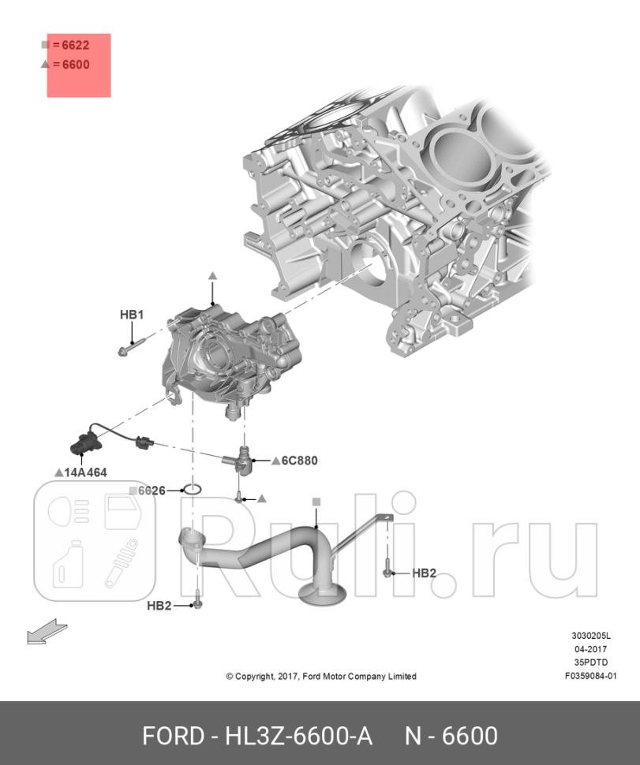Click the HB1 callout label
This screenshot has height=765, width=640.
point(131,315)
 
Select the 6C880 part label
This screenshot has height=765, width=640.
point(298,461)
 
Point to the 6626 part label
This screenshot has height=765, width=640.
point(151,491)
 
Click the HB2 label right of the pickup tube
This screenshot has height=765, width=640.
point(424,573)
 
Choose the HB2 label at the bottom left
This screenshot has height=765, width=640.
point(159,606)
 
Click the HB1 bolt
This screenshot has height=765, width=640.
point(133,347)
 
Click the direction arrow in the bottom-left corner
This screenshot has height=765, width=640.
point(46,633)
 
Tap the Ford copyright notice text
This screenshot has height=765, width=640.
point(320,676)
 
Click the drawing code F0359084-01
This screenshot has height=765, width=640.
point(590,675)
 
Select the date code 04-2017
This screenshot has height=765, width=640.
point(590,649)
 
